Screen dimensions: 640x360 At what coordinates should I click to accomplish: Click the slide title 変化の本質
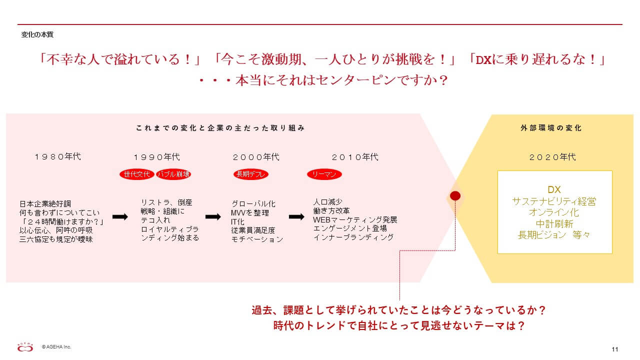click(x=37, y=34)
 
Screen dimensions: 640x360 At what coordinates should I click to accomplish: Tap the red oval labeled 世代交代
click(x=137, y=174)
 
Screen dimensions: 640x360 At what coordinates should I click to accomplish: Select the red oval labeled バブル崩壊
click(x=173, y=174)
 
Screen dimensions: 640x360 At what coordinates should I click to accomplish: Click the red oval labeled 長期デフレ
click(x=251, y=174)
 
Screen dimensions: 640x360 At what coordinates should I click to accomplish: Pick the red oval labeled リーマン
click(x=324, y=174)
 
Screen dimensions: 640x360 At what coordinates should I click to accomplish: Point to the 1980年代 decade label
click(x=58, y=156)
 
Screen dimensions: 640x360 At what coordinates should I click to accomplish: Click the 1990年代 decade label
click(x=157, y=157)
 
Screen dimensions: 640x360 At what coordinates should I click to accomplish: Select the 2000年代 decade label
click(x=256, y=157)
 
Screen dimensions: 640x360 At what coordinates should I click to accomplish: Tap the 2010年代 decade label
click(x=355, y=157)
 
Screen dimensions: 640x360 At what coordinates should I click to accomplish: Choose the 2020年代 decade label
click(x=552, y=157)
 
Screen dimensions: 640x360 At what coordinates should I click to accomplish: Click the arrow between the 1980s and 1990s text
click(x=120, y=217)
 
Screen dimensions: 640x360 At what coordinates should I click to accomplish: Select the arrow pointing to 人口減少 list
click(x=296, y=217)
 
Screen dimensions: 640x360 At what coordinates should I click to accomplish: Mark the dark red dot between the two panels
click(x=455, y=195)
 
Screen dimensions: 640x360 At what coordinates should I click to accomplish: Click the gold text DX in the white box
click(x=554, y=189)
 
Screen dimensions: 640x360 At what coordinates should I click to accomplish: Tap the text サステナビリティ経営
click(x=554, y=201)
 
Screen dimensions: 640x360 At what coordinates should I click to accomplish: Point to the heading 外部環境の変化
click(x=551, y=127)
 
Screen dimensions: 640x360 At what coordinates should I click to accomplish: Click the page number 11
click(x=615, y=349)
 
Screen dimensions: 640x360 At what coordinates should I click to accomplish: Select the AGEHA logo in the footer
click(x=25, y=347)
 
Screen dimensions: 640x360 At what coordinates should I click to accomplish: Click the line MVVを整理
click(x=250, y=213)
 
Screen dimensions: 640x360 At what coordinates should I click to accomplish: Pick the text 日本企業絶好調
click(x=45, y=203)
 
